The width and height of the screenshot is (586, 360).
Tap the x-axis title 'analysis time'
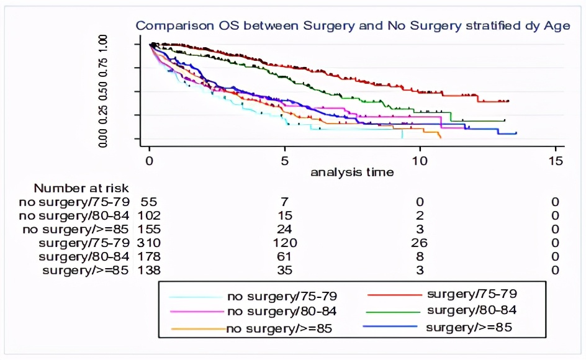point(352,172)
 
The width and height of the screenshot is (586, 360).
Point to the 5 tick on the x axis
point(285,160)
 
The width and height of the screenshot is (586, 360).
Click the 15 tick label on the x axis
point(557,160)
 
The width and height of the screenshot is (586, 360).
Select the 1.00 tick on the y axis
point(103,45)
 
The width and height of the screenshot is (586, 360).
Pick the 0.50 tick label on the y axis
point(103,92)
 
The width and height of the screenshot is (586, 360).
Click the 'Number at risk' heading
point(81,188)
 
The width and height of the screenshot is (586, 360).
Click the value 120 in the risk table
point(285,243)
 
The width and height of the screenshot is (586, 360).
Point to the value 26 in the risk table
point(420,243)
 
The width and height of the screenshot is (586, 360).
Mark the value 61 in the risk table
point(285,256)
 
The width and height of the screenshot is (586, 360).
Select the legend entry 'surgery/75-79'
point(472,292)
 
